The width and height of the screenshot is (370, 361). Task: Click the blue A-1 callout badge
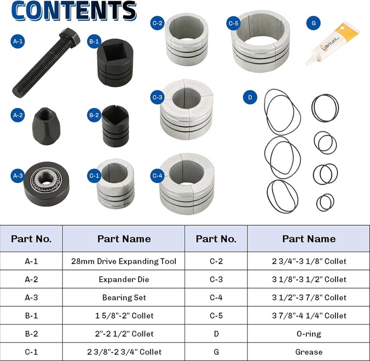point(18,41)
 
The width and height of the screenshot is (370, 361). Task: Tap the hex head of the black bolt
point(70,38)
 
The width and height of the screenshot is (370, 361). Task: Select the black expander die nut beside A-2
point(46,126)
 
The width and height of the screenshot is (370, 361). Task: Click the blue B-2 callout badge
point(94,115)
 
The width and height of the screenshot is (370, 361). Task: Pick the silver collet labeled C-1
point(115,184)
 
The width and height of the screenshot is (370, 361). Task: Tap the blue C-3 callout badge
point(157,97)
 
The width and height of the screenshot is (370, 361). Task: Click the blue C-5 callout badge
point(234,23)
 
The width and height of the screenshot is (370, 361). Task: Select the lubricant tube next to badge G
point(332,43)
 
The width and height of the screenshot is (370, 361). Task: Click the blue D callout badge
point(250,97)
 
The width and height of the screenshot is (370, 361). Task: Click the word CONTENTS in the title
point(74,11)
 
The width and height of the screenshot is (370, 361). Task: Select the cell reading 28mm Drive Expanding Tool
point(123,261)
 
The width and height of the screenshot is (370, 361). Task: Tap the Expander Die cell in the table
point(123,279)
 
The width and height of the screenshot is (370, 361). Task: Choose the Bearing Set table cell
point(123,298)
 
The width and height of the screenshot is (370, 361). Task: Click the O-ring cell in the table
point(308,334)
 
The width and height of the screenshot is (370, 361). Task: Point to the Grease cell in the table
point(308,352)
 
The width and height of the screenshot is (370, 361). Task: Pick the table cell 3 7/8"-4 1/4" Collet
point(308,316)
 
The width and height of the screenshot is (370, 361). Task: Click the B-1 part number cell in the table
point(31,316)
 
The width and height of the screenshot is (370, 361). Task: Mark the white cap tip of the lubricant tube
point(308,63)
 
